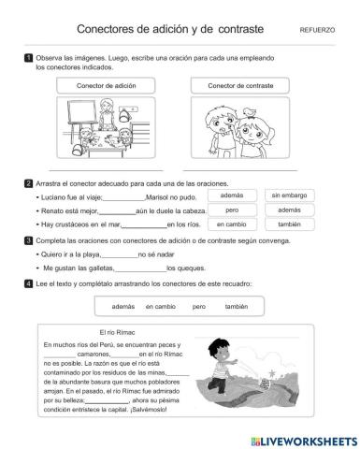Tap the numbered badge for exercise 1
[29, 59]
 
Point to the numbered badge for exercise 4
[29, 282]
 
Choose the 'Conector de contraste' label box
[245, 85]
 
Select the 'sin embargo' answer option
[289, 196]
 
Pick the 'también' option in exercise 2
[289, 224]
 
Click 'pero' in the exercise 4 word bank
[198, 306]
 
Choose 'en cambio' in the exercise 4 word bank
[160, 306]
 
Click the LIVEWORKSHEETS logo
[300, 437]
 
